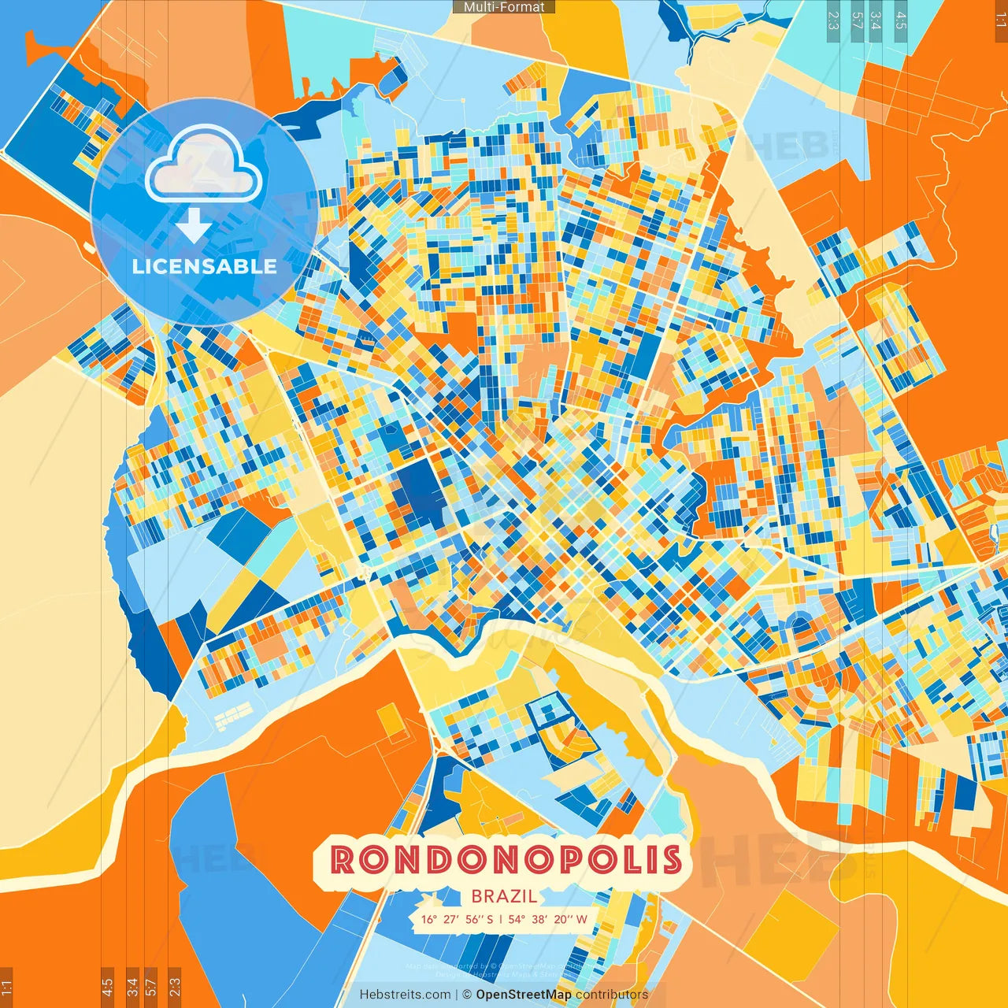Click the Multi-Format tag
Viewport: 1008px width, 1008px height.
[504, 7]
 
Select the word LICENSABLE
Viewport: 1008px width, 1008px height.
[205, 266]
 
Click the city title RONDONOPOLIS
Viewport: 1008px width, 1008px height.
[506, 860]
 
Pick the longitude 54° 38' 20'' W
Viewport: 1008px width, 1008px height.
[548, 919]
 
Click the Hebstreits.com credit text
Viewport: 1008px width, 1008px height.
[405, 995]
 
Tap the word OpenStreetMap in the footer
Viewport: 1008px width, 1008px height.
[524, 995]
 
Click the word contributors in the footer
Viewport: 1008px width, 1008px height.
[612, 995]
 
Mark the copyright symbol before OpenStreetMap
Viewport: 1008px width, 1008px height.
[467, 995]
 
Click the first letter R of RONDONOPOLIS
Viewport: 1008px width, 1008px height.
[343, 860]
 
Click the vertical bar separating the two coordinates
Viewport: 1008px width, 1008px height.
[500, 919]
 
